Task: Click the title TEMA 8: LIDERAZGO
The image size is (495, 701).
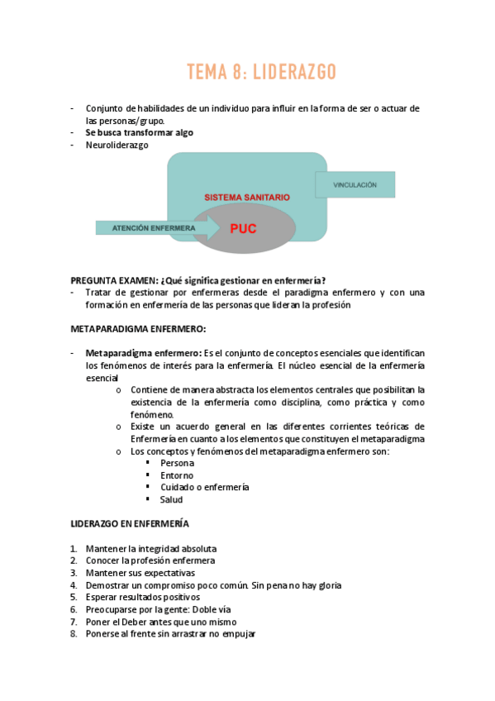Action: [x=261, y=73]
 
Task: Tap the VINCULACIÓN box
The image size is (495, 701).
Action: [x=355, y=185]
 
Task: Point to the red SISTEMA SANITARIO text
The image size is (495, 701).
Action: [x=247, y=198]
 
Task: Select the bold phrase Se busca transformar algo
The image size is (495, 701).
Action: [x=139, y=132]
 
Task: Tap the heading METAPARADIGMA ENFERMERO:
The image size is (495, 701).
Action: [x=138, y=329]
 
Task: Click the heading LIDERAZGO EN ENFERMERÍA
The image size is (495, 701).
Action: [x=130, y=524]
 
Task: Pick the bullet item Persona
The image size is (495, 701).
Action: [x=178, y=463]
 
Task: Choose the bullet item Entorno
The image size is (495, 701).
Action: [x=177, y=475]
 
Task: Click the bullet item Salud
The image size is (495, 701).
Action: [x=172, y=499]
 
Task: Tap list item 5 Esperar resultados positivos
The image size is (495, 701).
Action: [x=142, y=597]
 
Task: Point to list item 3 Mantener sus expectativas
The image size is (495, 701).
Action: [x=140, y=573]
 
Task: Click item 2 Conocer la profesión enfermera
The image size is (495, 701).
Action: [x=150, y=560]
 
